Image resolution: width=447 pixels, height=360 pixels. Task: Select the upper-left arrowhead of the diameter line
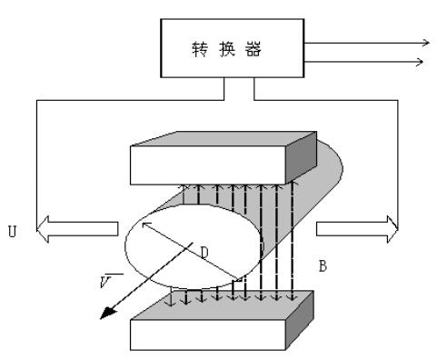click(144, 203)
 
